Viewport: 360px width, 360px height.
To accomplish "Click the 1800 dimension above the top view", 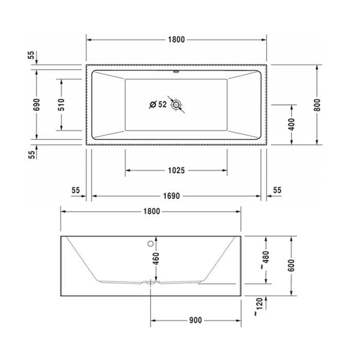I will [176, 40].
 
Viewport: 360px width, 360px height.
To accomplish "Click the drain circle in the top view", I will [177, 105].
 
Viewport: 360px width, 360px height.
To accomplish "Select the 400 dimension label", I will [292, 124].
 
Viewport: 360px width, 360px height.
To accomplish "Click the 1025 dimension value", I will [176, 170].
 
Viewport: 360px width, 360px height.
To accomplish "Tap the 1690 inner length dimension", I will [176, 196].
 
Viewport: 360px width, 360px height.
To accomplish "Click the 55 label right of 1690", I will [277, 190].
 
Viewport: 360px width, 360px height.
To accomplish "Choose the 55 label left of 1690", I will [76, 190].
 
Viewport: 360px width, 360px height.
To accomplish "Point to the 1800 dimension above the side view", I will [151, 211].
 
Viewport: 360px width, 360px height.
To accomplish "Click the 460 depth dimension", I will [156, 260].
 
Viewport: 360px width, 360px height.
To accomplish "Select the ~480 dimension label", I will [265, 260].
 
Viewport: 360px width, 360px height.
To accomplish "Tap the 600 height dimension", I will [292, 266].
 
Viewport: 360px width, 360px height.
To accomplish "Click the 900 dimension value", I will [195, 320].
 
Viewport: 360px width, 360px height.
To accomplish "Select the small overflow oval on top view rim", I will [176, 72].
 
